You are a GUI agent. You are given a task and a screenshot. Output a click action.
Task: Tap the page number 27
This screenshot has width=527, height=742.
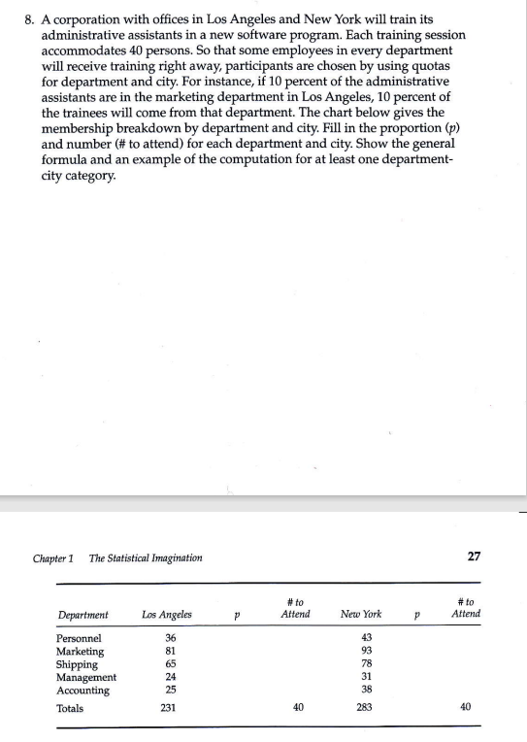click(473, 556)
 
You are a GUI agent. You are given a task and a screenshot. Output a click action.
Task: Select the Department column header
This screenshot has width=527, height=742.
click(83, 615)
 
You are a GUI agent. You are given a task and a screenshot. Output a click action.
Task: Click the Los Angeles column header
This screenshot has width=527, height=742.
click(166, 615)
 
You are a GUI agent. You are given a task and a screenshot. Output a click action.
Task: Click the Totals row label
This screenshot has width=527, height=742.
click(70, 708)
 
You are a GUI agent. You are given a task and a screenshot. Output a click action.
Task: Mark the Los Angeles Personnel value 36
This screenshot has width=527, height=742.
click(172, 637)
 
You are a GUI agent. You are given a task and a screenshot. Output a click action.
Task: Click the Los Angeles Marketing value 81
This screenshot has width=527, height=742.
click(172, 651)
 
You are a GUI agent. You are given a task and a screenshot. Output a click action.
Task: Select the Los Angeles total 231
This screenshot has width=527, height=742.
click(172, 708)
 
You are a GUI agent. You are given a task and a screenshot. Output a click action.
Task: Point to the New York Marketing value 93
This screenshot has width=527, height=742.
click(366, 651)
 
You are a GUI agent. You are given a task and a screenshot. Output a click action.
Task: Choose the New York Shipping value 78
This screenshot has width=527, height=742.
click(366, 664)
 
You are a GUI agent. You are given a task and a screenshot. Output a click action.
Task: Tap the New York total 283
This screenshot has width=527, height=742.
click(366, 708)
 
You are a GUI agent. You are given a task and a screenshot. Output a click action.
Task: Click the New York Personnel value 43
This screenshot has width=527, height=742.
click(366, 637)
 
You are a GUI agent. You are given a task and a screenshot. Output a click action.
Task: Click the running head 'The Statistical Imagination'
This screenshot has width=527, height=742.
click(146, 557)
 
